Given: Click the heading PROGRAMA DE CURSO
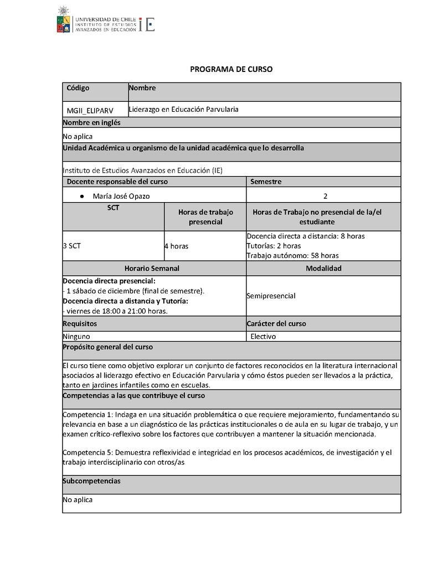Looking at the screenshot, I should pyautogui.click(x=231, y=70).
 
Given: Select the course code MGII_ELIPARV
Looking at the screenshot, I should pyautogui.click(x=90, y=111).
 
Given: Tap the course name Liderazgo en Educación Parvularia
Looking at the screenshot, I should pyautogui.click(x=183, y=110).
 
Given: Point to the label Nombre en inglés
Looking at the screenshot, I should pyautogui.click(x=91, y=123).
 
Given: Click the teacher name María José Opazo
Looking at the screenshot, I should pyautogui.click(x=121, y=196).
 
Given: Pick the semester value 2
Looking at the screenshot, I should pyautogui.click(x=325, y=196).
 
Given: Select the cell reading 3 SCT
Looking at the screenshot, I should pyautogui.click(x=72, y=246).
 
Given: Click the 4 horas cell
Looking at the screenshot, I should pyautogui.click(x=176, y=246).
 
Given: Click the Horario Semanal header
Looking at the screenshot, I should pyautogui.click(x=152, y=269).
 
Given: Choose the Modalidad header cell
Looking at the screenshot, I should pyautogui.click(x=323, y=269).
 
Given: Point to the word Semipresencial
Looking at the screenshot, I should pyautogui.click(x=271, y=296).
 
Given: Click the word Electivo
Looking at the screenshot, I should pyautogui.click(x=263, y=336).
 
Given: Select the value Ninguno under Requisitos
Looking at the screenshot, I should pyautogui.click(x=76, y=336).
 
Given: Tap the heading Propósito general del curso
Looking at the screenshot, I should pyautogui.click(x=108, y=347).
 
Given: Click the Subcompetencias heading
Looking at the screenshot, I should pyautogui.click(x=91, y=481).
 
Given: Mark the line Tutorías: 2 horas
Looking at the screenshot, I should pyautogui.click(x=274, y=246).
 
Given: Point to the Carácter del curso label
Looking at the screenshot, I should pyautogui.click(x=276, y=324).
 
